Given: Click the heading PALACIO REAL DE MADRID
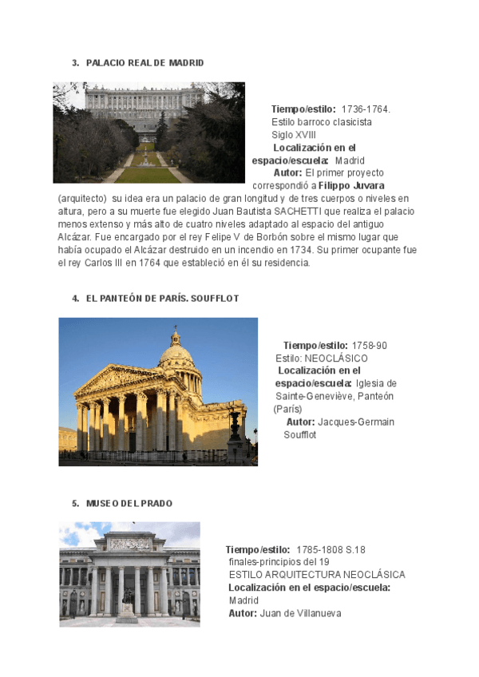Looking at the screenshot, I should pyautogui.click(x=144, y=62).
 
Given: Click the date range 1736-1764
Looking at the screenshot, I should pyautogui.click(x=366, y=109).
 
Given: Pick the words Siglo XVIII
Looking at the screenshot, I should pyautogui.click(x=294, y=135).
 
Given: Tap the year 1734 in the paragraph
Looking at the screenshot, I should pyautogui.click(x=299, y=249).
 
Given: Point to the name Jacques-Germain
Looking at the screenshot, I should pyautogui.click(x=356, y=422).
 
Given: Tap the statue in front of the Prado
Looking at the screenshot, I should pyautogui.click(x=126, y=598).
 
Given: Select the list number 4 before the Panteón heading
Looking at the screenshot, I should pyautogui.click(x=75, y=299).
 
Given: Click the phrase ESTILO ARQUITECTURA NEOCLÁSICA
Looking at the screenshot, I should pyautogui.click(x=317, y=575).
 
